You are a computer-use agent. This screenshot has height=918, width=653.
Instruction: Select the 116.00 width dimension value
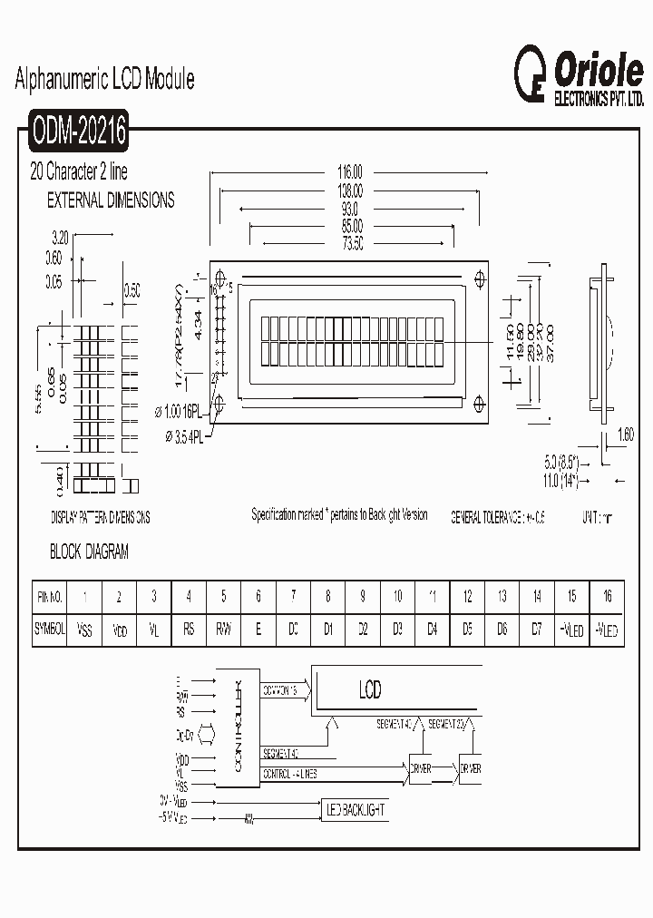click(x=349, y=171)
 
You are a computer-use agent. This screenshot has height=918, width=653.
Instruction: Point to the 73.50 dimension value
click(x=353, y=244)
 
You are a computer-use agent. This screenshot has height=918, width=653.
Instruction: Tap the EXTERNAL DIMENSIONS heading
click(x=111, y=200)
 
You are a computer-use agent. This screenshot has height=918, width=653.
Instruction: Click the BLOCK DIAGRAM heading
click(x=89, y=552)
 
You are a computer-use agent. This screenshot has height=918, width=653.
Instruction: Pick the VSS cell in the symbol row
click(x=84, y=629)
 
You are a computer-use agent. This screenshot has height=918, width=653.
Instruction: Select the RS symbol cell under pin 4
click(x=189, y=629)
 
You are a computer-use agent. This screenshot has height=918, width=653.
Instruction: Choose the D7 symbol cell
click(x=536, y=629)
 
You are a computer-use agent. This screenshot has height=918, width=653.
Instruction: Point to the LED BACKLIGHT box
click(x=356, y=807)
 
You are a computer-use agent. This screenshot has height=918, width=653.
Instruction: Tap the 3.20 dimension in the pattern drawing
click(x=62, y=238)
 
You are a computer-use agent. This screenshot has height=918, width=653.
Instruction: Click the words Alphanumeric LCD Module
click(x=105, y=80)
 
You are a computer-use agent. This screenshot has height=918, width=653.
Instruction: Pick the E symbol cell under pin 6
click(x=258, y=629)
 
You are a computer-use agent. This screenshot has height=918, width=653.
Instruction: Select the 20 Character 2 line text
click(x=79, y=171)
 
